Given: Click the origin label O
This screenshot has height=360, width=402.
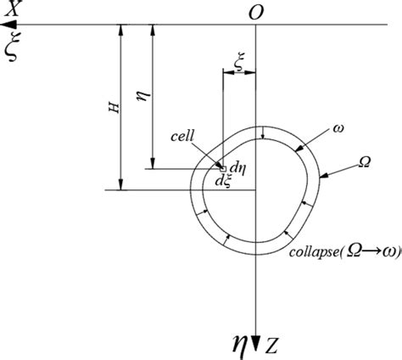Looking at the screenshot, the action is click(256, 13).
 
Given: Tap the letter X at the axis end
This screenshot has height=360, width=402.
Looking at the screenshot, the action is click(13, 8).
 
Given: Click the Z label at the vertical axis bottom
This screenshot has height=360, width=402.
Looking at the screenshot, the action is click(271, 346).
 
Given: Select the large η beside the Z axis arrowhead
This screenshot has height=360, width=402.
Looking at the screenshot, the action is click(239, 343).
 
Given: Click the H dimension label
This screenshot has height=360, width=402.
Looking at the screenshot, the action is click(114, 108).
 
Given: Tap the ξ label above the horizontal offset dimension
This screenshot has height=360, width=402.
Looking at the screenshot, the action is click(239, 61).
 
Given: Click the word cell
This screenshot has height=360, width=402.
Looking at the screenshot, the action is click(182, 136).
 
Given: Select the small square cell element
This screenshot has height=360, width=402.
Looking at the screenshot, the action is click(223, 169).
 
